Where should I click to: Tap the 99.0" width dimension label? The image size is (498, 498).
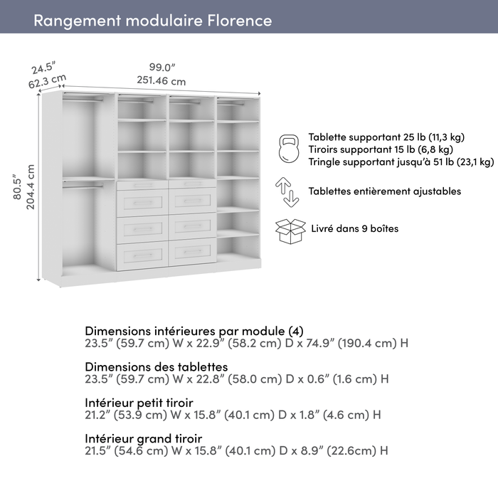click(x=157, y=67)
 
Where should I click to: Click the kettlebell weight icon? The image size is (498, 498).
click(x=289, y=149)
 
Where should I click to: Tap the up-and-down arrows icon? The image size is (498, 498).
click(x=287, y=192)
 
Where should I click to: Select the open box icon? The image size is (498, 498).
click(x=290, y=231)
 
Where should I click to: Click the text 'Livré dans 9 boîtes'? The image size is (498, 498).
click(x=355, y=229)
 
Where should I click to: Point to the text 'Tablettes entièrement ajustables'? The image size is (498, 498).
click(x=384, y=191)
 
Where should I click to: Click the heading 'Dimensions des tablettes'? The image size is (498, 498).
click(x=157, y=366)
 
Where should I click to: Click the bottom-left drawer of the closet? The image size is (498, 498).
click(x=142, y=255)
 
